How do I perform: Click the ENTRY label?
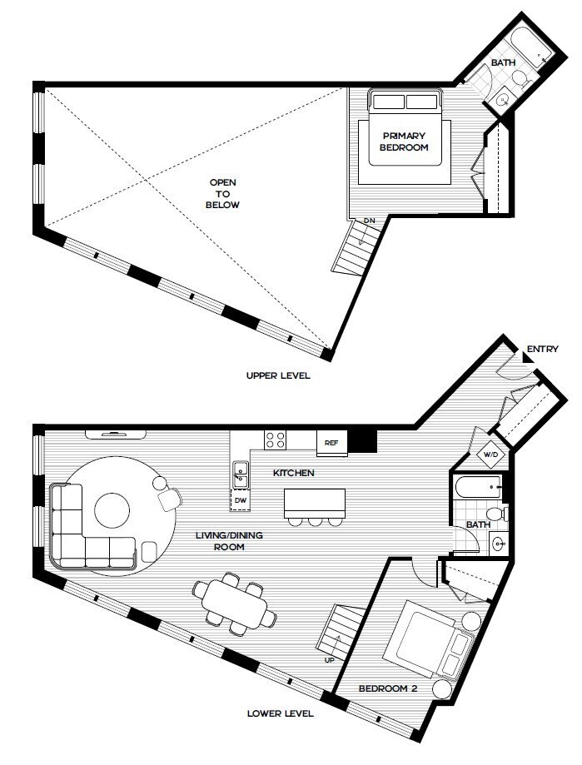tap(543, 349)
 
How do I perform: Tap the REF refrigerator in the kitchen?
tap(331, 443)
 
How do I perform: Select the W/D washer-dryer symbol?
tap(490, 455)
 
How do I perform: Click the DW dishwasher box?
tap(240, 500)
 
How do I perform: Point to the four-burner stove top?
tap(275, 440)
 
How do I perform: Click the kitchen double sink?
tap(240, 474)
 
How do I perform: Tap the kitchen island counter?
tap(315, 504)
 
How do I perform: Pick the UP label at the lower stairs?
tap(330, 660)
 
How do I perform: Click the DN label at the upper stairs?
tap(370, 221)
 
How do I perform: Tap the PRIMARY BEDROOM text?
tap(404, 142)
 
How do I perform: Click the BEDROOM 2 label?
tap(388, 688)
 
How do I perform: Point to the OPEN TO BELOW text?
tap(222, 194)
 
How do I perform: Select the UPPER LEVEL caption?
tap(278, 375)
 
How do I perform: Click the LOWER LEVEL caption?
tap(280, 713)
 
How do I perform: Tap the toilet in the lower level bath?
tap(497, 514)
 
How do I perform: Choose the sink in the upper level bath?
tap(502, 100)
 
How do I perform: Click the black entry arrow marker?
tap(528, 358)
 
